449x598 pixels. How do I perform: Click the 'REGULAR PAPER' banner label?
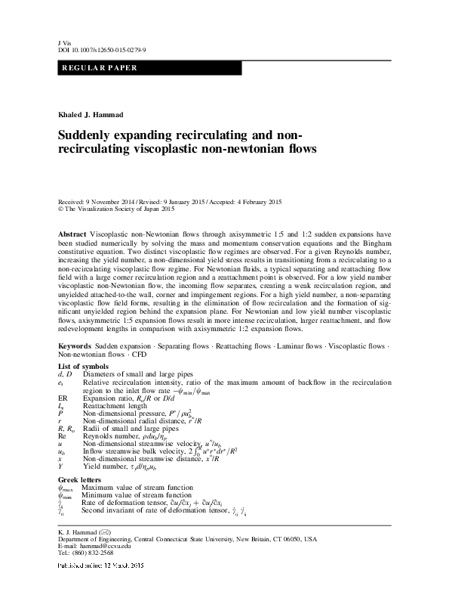[x=96, y=68]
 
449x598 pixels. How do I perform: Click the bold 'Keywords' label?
[x=75, y=344]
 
